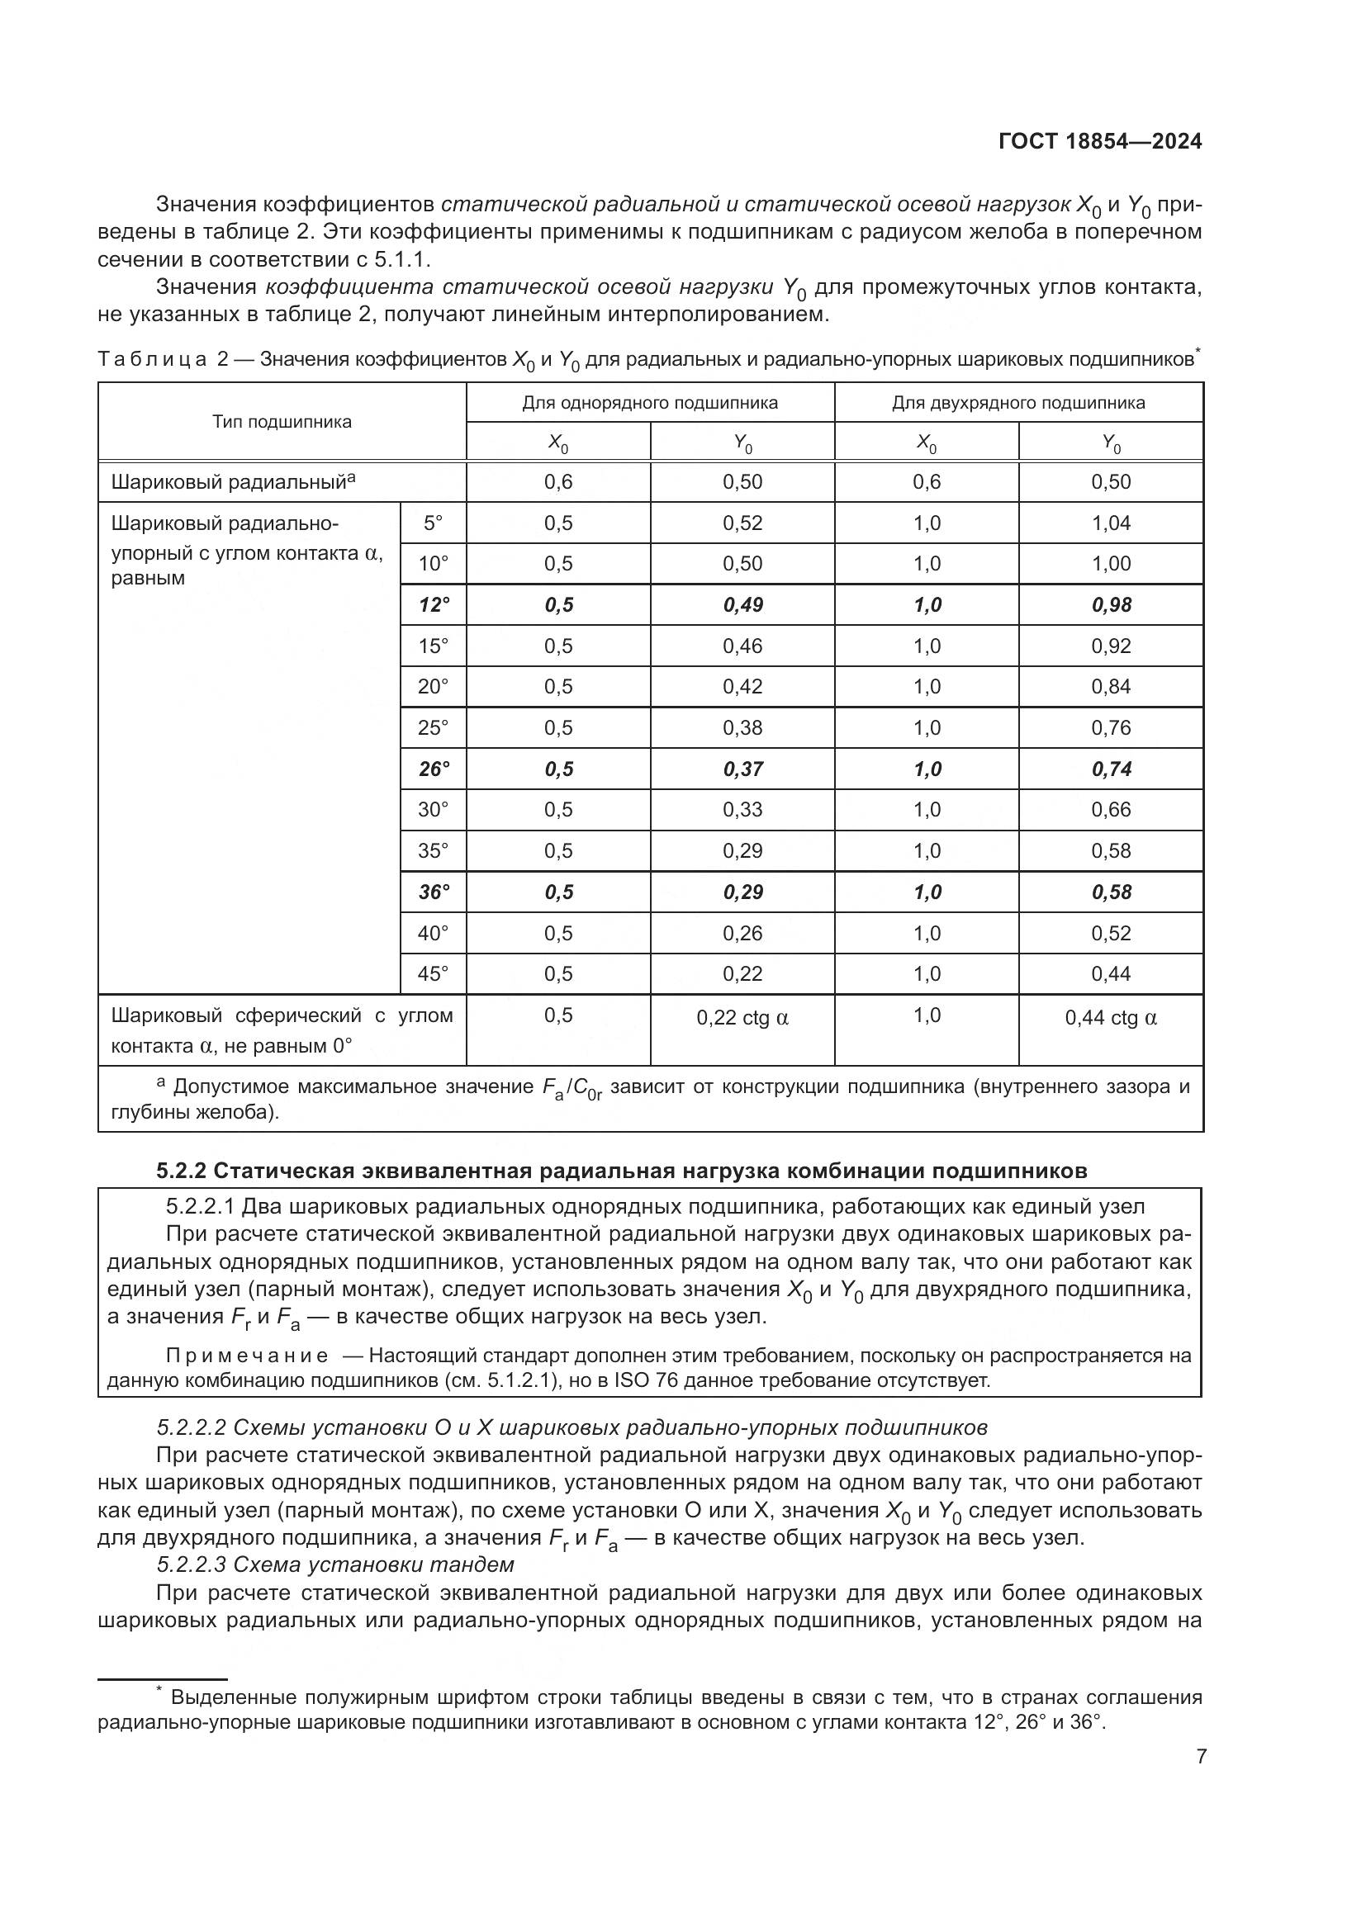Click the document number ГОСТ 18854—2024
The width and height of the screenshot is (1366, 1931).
[1100, 141]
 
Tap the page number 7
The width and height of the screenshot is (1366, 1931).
[1201, 1756]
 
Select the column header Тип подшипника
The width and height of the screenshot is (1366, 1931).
[282, 421]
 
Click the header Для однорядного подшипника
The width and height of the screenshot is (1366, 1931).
[649, 403]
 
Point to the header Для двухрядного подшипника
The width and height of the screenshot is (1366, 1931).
[1017, 403]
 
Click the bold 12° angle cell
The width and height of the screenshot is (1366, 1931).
[434, 604]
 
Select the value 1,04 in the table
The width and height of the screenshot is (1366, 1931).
[1110, 523]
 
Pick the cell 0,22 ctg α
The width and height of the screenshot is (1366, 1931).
[742, 1018]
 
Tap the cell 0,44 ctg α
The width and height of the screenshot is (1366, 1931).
[1110, 1018]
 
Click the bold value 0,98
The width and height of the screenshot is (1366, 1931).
[1110, 604]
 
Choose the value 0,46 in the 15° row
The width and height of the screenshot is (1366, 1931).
[742, 646]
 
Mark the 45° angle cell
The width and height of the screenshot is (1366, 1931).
[434, 974]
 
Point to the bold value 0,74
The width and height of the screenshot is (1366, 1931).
[1110, 769]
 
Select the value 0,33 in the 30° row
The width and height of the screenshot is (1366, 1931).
[742, 809]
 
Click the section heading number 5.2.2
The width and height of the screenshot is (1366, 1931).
[181, 1171]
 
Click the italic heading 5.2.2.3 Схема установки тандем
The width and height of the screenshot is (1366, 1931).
[334, 1564]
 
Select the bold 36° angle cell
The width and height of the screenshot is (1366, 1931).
[434, 892]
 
